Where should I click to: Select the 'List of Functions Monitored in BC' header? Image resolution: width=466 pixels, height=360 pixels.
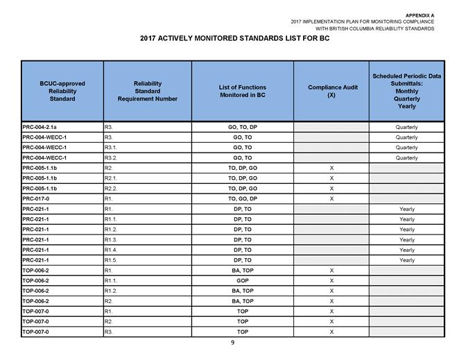click(243, 91)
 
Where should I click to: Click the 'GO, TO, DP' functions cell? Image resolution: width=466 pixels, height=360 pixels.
click(243, 127)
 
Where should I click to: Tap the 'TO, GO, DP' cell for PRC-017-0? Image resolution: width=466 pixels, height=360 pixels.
click(243, 198)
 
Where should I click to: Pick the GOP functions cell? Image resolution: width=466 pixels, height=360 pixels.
click(243, 280)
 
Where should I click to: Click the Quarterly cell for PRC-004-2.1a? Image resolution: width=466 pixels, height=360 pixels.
click(406, 127)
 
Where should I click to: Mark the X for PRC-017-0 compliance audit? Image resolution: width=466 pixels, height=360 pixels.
click(331, 198)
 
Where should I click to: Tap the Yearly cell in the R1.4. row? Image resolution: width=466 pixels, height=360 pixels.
click(406, 250)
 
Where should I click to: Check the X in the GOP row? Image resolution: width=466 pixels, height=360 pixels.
click(331, 280)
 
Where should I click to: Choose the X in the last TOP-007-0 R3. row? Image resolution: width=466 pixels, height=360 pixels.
click(331, 332)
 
